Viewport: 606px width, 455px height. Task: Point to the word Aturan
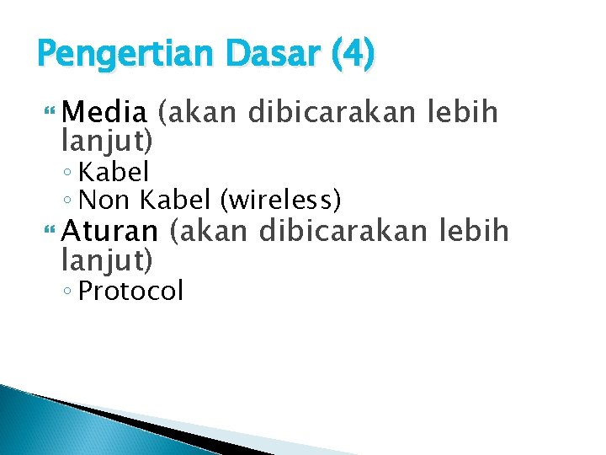pos(110,230)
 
